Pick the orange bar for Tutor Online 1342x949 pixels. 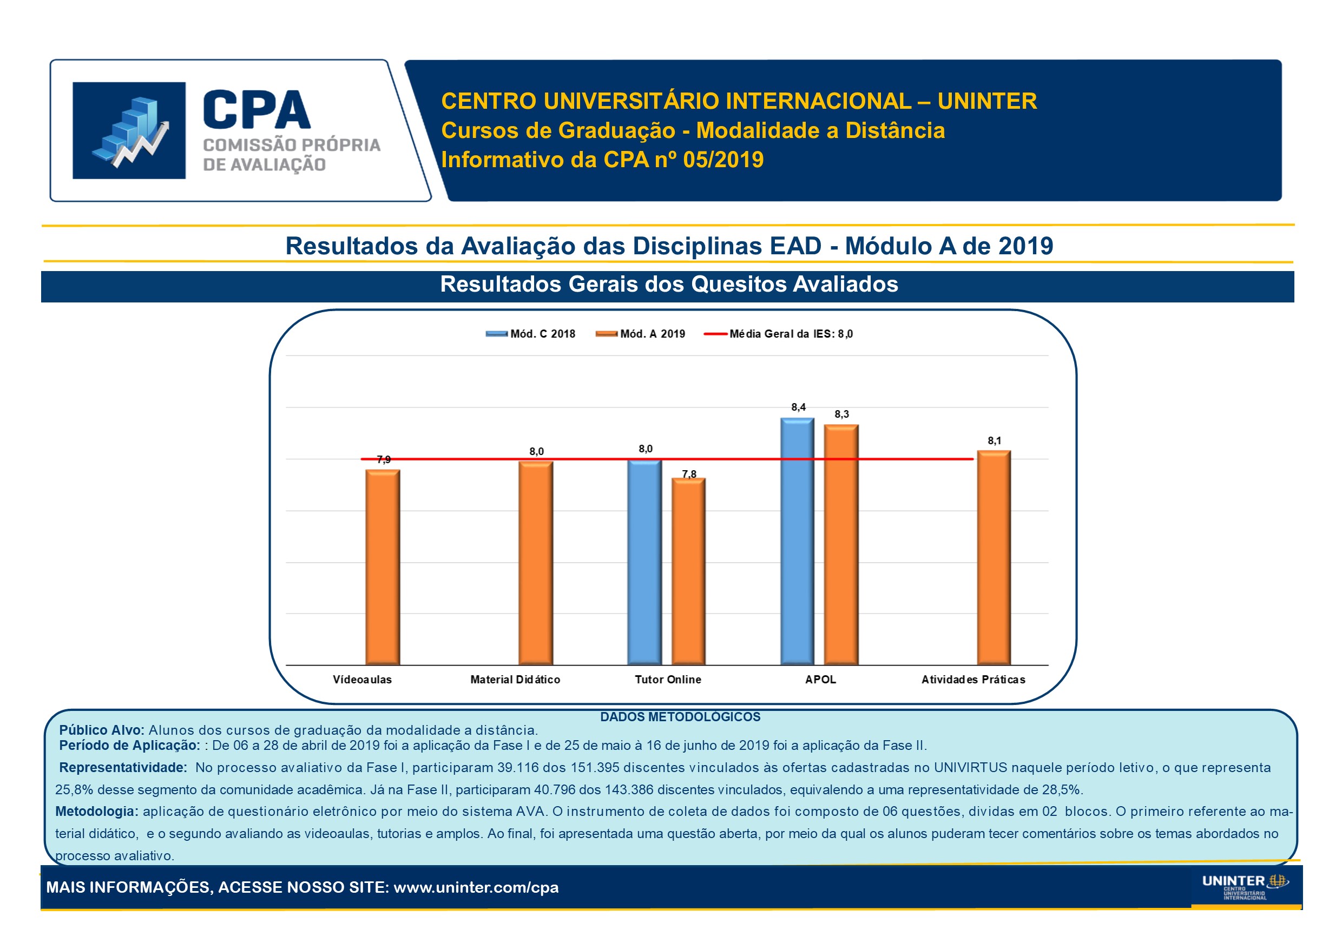(x=688, y=571)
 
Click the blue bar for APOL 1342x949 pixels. (x=798, y=541)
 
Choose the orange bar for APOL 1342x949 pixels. (x=841, y=545)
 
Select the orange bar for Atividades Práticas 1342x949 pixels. (x=994, y=557)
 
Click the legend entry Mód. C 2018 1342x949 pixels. (x=531, y=334)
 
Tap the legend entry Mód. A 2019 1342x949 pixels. (x=641, y=334)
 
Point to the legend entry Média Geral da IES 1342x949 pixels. (x=779, y=334)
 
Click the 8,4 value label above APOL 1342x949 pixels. (x=798, y=407)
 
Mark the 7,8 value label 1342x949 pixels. (x=689, y=474)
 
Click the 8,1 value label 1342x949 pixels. (x=994, y=440)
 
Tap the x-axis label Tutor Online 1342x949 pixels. (x=668, y=680)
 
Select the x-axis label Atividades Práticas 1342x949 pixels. (x=973, y=680)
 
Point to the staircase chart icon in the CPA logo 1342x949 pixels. (x=129, y=130)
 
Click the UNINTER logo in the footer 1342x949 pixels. (x=1245, y=886)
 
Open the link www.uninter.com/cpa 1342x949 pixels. (x=476, y=887)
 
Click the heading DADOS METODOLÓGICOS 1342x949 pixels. (x=680, y=717)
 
